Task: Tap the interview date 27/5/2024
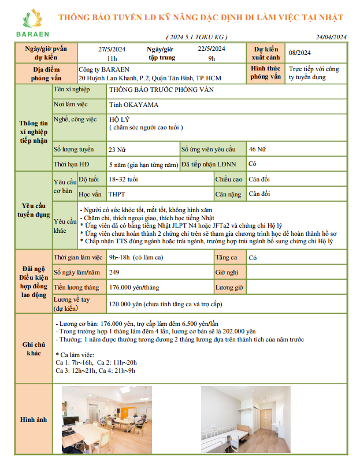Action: (112, 49)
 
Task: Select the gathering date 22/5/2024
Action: (211, 49)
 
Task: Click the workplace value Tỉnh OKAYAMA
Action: (133, 105)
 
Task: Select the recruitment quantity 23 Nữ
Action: (117, 150)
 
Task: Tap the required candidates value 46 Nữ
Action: (257, 150)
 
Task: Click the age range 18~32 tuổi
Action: (123, 179)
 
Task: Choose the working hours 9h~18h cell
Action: (138, 257)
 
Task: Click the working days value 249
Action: (114, 272)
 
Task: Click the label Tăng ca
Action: (225, 257)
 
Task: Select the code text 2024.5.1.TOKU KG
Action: (195, 37)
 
